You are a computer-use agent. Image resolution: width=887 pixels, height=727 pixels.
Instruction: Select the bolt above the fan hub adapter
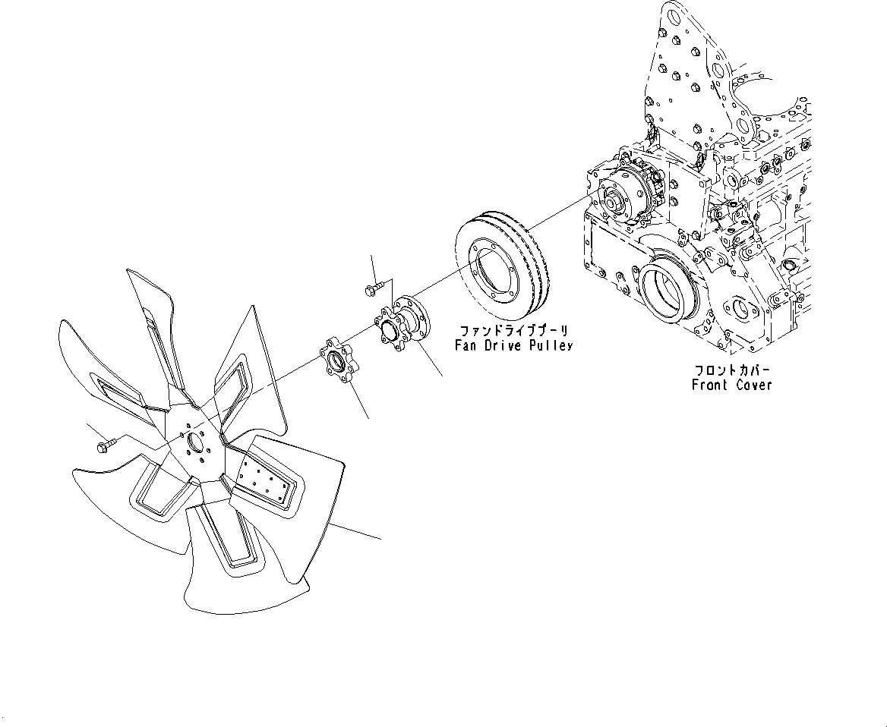pyautogui.click(x=373, y=289)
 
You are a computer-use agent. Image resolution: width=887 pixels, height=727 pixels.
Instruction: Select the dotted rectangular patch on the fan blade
pyautogui.click(x=261, y=480)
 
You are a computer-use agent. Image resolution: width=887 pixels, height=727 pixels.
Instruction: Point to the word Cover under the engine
pyautogui.click(x=754, y=385)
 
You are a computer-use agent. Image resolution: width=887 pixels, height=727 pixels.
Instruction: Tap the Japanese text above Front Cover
pyautogui.click(x=731, y=370)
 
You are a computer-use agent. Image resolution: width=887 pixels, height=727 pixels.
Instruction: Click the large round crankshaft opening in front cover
pyautogui.click(x=666, y=288)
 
